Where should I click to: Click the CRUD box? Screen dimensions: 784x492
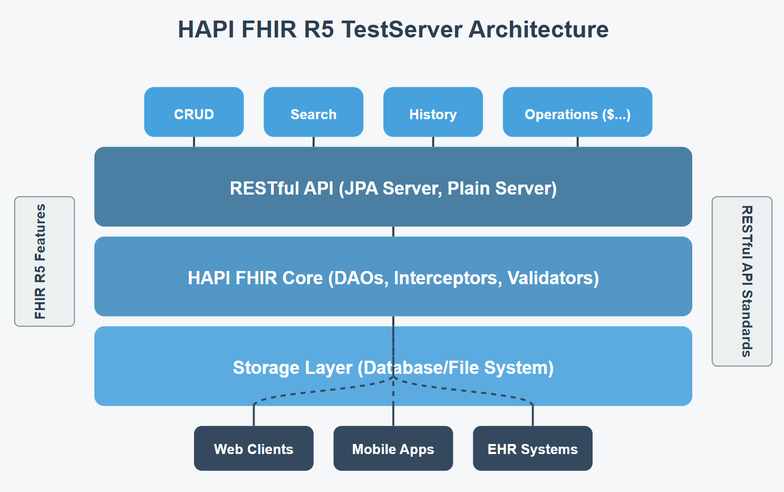coord(194,112)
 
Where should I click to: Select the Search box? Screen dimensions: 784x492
coord(314,112)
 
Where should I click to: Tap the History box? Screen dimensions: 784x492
coord(433,112)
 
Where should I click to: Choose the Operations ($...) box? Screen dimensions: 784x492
coord(577,112)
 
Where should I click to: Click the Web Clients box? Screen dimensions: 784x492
coord(254,448)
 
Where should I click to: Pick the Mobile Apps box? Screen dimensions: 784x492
coord(393,448)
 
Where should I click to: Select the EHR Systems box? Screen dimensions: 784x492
coord(533,448)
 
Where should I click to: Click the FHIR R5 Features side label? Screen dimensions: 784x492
coord(44,262)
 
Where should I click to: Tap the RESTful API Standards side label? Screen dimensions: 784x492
coord(742,282)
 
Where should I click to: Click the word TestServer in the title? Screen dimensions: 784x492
coord(401,30)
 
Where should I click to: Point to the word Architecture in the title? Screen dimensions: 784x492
coord(539,30)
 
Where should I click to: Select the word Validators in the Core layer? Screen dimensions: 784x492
coord(553,278)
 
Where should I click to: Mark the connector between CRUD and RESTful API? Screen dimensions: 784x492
coord(194,142)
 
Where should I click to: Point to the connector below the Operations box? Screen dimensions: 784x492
coord(577,142)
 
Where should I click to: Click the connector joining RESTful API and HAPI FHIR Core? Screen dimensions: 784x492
coord(393,231)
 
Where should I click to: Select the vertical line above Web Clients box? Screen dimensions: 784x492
coord(254,415)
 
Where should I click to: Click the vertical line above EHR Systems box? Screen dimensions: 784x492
coord(533,415)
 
